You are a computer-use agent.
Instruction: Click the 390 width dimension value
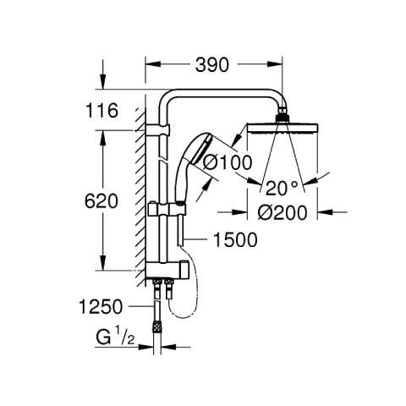(x=212, y=64)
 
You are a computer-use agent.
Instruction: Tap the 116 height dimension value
(x=101, y=110)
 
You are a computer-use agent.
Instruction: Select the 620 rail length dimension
(x=101, y=201)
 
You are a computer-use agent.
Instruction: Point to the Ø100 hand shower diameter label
(x=228, y=162)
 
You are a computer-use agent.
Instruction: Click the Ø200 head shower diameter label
(x=283, y=212)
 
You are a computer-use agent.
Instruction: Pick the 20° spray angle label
(x=282, y=189)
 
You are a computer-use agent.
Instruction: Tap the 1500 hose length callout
(x=235, y=240)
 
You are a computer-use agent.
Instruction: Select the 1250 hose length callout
(x=101, y=306)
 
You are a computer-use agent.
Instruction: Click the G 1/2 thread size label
(x=115, y=337)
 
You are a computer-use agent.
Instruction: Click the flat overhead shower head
(x=283, y=129)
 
